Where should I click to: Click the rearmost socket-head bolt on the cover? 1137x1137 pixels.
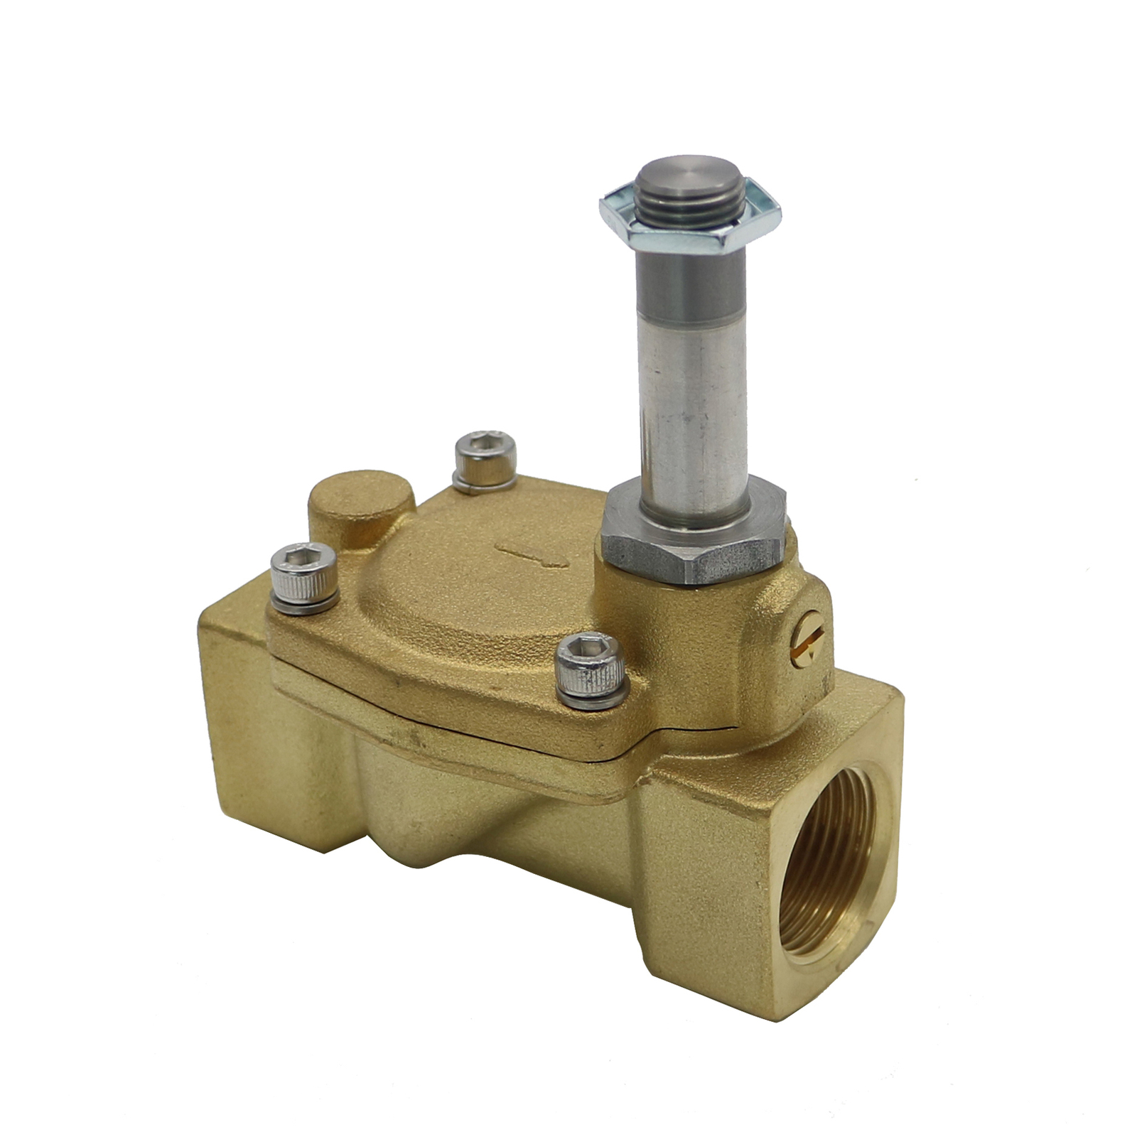click(485, 455)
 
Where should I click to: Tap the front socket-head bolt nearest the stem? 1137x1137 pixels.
click(591, 668)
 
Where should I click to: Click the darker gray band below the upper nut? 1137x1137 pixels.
click(689, 284)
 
